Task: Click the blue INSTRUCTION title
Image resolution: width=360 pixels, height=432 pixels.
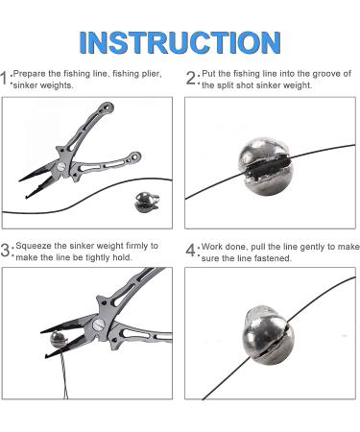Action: click(180, 42)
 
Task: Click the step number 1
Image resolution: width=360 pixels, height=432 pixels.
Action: click(4, 79)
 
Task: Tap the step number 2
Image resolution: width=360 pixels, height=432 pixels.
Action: click(191, 79)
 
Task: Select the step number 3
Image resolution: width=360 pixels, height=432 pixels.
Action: click(6, 250)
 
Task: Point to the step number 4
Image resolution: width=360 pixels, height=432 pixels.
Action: click(191, 250)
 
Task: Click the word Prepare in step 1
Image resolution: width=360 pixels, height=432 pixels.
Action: click(30, 74)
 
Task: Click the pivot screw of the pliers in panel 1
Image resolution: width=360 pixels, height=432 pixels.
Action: click(60, 166)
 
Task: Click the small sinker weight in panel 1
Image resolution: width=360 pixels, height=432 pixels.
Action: click(147, 202)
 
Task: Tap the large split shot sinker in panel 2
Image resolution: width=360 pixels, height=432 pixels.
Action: click(266, 170)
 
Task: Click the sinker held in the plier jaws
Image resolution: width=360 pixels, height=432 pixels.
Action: click(59, 340)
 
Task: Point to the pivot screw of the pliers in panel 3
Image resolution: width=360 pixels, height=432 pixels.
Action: click(97, 325)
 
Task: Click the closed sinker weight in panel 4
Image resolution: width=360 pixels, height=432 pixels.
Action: click(268, 336)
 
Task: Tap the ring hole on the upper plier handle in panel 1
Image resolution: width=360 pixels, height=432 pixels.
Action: click(108, 108)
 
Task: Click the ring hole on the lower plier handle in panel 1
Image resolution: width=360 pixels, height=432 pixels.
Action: click(134, 157)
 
